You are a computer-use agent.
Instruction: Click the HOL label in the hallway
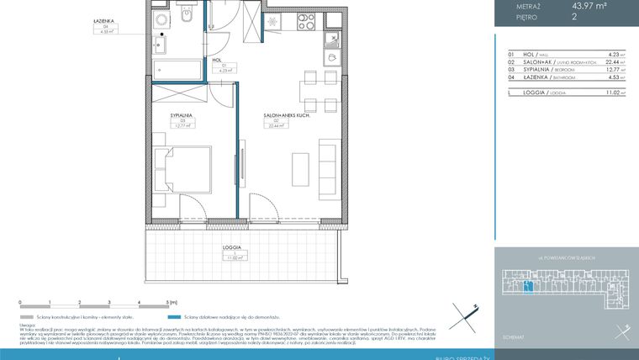(216, 60)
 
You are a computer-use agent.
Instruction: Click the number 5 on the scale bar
(168, 302)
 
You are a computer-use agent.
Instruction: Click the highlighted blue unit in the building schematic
(526, 289)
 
